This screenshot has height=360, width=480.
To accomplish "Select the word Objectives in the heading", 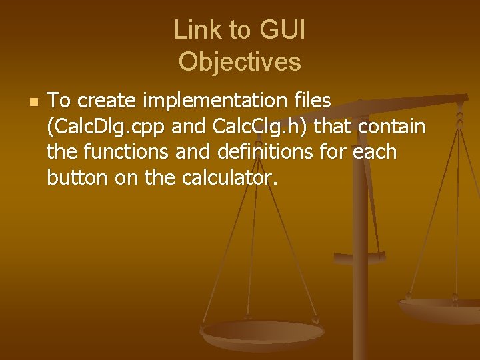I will click(240, 62).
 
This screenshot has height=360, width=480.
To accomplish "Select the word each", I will click(375, 152).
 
